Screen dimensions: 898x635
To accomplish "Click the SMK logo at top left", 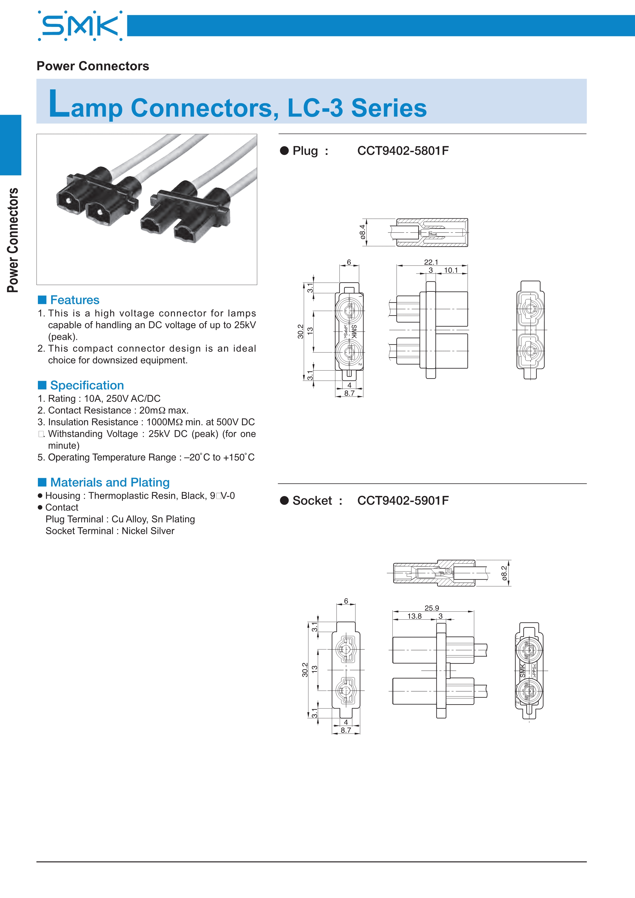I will click(x=80, y=26).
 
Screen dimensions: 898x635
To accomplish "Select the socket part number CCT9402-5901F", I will click(x=403, y=500).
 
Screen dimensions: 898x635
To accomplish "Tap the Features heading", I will click(x=75, y=300).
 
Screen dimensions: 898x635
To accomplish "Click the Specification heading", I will click(x=87, y=385).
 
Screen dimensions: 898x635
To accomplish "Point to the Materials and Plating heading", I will click(x=110, y=482).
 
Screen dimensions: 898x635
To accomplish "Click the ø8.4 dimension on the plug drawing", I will click(x=363, y=232).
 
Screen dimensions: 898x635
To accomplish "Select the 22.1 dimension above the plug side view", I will click(x=431, y=262).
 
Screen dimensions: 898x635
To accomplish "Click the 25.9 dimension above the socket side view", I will click(x=432, y=608).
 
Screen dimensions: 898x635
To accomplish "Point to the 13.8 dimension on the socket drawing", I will click(x=415, y=616).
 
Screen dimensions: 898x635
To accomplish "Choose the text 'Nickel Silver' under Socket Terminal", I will click(x=148, y=531).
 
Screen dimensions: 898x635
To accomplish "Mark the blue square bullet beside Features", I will click(x=42, y=300).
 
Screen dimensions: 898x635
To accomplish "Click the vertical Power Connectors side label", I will click(x=13, y=240).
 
